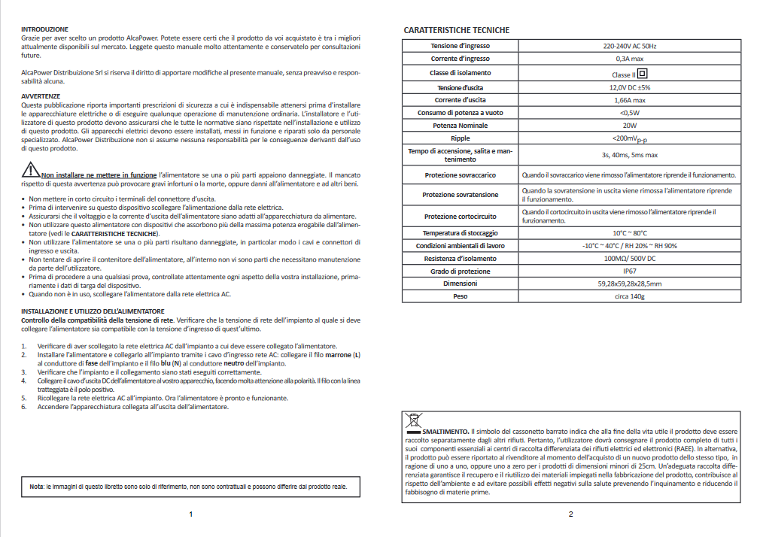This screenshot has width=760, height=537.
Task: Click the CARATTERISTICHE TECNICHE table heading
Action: coord(456,30)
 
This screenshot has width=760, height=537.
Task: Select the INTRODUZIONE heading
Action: coord(44,29)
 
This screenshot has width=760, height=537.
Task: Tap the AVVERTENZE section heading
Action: coord(41,96)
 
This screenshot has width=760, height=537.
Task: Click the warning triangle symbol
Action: coord(30,168)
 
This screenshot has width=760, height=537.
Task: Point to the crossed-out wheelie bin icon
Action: coord(414,421)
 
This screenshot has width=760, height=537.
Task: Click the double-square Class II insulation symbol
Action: coord(643,74)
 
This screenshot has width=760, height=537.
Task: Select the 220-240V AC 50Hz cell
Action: coord(629,47)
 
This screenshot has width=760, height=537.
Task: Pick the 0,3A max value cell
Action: coord(629,59)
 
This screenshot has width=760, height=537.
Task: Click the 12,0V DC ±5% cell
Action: coord(629,88)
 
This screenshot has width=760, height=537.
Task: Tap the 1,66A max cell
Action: coord(629,100)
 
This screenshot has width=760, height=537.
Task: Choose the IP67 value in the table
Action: coord(629,271)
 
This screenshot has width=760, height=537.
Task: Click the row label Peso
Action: coord(460,296)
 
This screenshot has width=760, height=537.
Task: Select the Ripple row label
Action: coord(460,138)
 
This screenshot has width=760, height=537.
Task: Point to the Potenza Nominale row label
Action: coord(460,125)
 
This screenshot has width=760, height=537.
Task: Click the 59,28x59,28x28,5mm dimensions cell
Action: coord(629,284)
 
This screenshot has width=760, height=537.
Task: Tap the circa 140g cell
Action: coord(629,296)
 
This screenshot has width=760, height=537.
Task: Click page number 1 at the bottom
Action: coord(190,514)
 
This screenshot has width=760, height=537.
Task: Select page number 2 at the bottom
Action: coord(570,514)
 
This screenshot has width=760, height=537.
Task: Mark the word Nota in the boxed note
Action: coord(36,487)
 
